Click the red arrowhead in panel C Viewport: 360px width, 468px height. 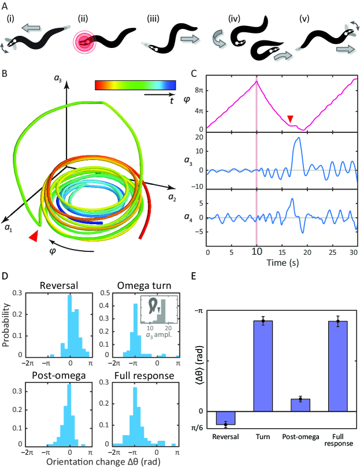point(290,118)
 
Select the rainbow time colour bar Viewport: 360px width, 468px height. point(135,86)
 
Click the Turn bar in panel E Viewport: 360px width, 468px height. point(263,365)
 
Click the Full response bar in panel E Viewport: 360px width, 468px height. point(338,365)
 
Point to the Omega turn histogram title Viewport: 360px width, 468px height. point(139,285)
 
